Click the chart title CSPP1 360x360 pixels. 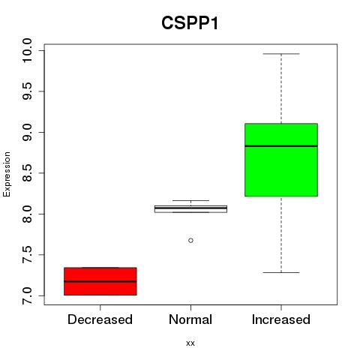point(190,23)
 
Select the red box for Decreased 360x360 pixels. point(100,281)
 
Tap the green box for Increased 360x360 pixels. point(281,160)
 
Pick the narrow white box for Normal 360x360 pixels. point(190,209)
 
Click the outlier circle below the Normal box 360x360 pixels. point(190,241)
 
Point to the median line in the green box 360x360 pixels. point(281,146)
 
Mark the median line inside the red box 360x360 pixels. point(100,281)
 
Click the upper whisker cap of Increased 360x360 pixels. point(281,54)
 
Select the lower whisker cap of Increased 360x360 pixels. point(281,272)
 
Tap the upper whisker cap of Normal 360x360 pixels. point(190,200)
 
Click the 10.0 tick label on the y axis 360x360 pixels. point(26,50)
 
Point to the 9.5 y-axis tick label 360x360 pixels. point(26,91)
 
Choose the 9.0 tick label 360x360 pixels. point(26,132)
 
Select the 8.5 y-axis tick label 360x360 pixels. point(26,173)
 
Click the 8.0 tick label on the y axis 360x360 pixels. point(26,214)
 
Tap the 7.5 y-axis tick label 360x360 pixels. point(26,255)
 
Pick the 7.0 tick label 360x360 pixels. point(26,295)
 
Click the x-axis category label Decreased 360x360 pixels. point(100,319)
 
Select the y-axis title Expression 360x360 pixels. point(7,174)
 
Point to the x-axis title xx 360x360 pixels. point(190,343)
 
